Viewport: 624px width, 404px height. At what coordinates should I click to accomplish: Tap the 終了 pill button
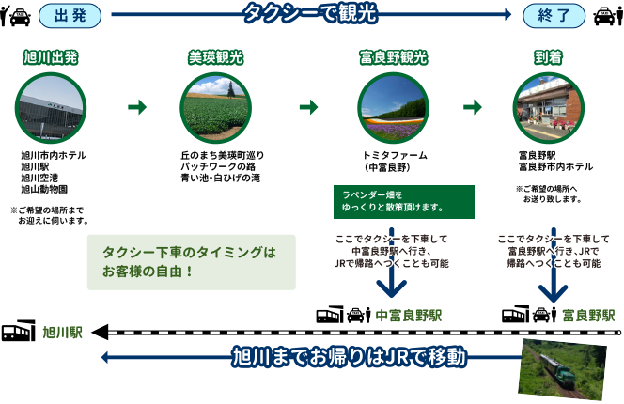554,15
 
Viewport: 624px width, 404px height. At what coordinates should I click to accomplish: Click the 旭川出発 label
51,57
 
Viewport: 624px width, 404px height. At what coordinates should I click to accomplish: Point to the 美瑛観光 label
215,57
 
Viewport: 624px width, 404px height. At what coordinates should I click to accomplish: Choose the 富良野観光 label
393,57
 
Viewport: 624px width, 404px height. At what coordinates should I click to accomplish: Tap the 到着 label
549,57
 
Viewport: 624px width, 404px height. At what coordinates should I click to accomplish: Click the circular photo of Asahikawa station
51,107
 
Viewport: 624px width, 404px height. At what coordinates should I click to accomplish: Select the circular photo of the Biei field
215,107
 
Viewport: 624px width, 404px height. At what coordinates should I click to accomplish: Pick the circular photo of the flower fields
393,107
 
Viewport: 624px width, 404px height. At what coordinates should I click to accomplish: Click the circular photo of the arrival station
549,107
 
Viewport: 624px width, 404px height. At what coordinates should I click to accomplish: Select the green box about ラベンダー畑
404,201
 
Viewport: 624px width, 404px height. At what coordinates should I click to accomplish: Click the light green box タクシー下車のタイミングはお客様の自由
191,262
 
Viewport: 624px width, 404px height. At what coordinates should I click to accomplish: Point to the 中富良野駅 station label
409,315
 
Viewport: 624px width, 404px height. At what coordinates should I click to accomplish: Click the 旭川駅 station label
63,332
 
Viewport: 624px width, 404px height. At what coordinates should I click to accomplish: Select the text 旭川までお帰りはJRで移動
350,357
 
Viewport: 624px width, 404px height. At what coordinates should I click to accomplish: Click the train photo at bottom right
563,368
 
